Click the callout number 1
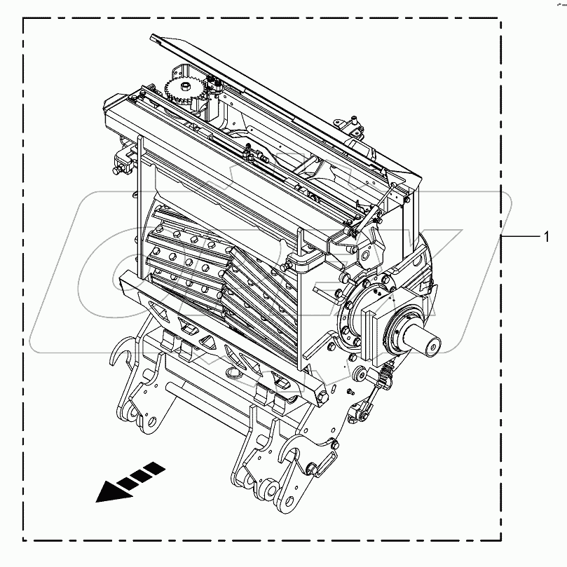click(x=546, y=238)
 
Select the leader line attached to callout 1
click(x=520, y=238)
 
